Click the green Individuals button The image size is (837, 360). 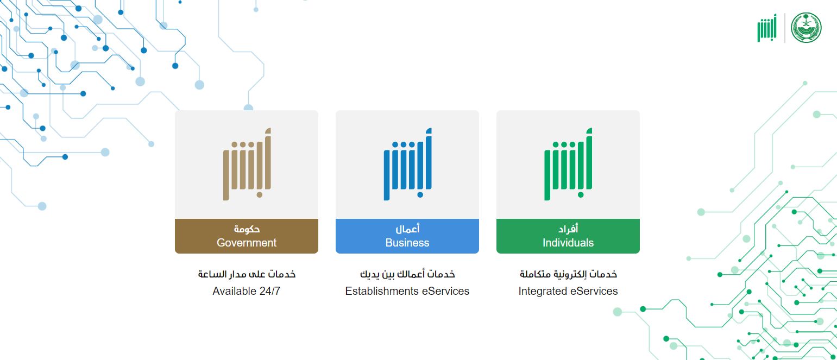[568, 236]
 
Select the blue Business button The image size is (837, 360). [407, 236]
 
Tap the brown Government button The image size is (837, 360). [246, 236]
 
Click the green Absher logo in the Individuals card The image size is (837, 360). [568, 164]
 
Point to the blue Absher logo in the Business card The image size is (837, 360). [407, 164]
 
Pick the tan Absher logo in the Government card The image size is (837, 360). [246, 164]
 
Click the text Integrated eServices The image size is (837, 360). [568, 291]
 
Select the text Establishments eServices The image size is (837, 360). [407, 291]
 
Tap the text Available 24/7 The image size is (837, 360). [246, 291]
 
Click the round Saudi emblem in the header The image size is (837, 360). [806, 28]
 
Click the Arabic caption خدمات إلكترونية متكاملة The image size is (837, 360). [568, 274]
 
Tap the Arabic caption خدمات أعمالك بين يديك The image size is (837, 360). [407, 274]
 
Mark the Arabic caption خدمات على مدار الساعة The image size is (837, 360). [247, 274]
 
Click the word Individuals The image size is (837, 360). [568, 243]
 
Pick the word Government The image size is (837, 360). [246, 243]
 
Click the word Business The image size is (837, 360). [407, 243]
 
